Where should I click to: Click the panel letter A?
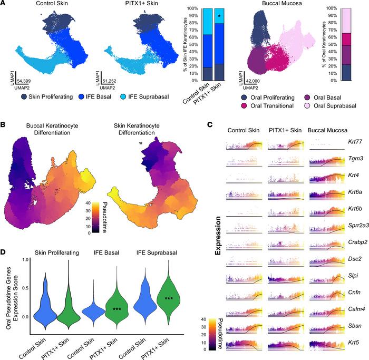(4, 4)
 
